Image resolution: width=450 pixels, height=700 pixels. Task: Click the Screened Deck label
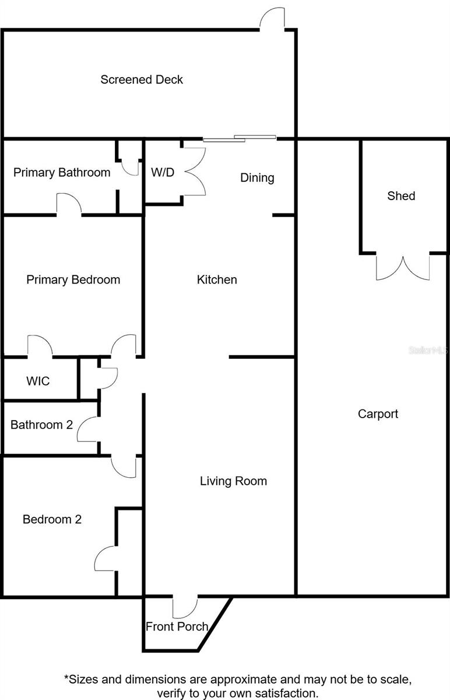(x=142, y=79)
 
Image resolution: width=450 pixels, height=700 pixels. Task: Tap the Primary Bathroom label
(x=62, y=172)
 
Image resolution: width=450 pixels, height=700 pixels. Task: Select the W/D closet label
(x=163, y=173)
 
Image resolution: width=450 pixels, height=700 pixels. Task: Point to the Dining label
(x=257, y=177)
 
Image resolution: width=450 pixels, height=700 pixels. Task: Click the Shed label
(x=401, y=195)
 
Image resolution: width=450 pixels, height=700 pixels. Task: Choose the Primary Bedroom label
(x=73, y=279)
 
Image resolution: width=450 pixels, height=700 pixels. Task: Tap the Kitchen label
(x=217, y=279)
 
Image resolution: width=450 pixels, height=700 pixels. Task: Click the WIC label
(x=38, y=381)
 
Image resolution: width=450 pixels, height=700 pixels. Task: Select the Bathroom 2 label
(x=41, y=425)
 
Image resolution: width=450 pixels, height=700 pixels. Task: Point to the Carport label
(x=378, y=414)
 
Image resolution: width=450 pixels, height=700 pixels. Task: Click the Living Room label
(x=233, y=481)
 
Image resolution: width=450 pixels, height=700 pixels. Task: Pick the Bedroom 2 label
(x=52, y=519)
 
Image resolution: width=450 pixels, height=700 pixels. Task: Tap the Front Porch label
(x=177, y=626)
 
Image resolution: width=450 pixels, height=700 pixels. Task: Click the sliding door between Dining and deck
(x=239, y=138)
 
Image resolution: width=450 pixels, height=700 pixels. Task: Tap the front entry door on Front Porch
(x=185, y=607)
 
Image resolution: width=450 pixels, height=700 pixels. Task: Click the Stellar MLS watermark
(x=428, y=351)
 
